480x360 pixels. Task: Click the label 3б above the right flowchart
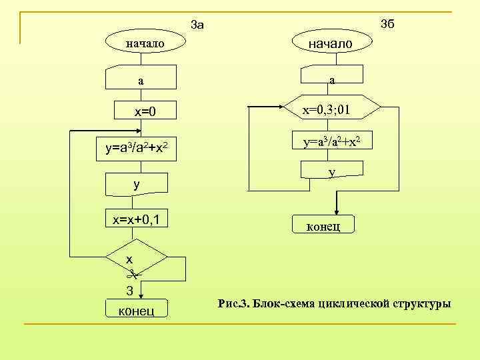[x=387, y=25]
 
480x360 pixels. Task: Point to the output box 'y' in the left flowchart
[x=137, y=183]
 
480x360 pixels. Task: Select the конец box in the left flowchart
[x=137, y=309]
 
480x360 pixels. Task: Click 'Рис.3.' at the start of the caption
[x=233, y=304]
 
